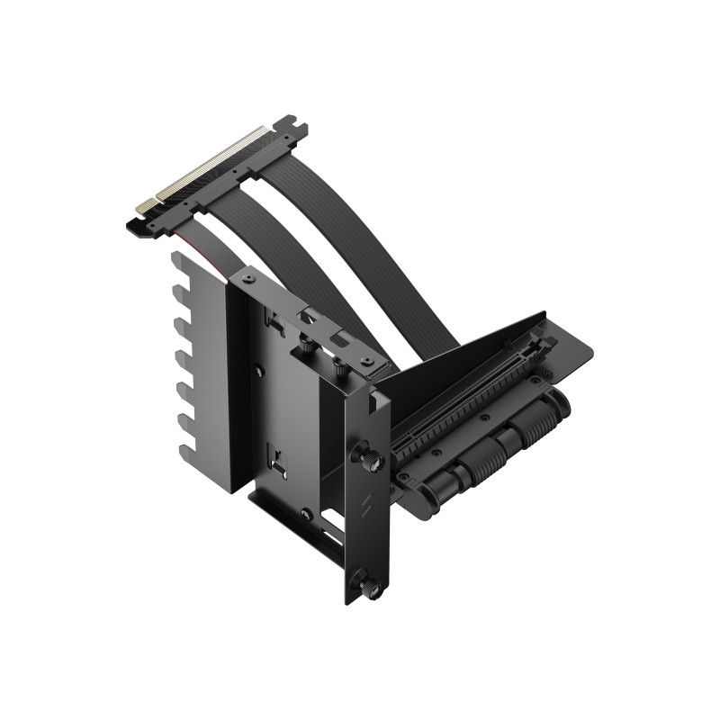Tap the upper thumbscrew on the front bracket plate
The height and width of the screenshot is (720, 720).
coord(370,454)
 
